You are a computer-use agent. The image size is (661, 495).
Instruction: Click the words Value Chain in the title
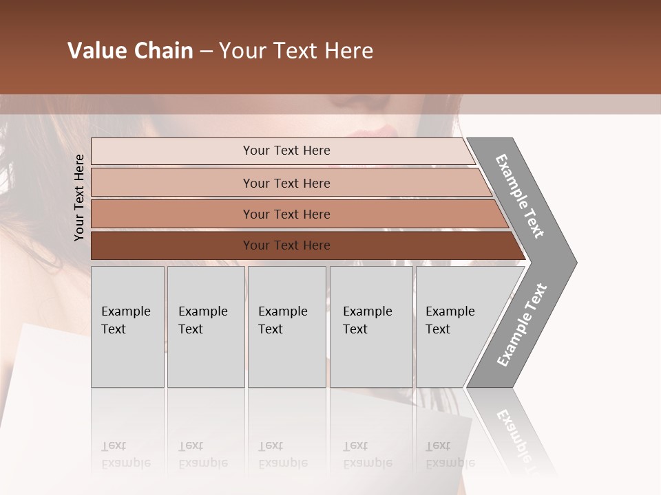[x=130, y=51]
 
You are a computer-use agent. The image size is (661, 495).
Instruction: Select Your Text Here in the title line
[x=296, y=51]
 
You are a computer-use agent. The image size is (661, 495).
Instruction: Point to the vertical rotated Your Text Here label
[x=79, y=197]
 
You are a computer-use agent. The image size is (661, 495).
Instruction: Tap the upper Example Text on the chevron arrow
[x=520, y=196]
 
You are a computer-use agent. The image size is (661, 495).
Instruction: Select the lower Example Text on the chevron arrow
[x=521, y=325]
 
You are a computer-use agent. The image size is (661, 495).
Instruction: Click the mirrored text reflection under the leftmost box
[x=126, y=454]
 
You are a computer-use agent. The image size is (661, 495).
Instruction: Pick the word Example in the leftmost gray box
[x=125, y=311]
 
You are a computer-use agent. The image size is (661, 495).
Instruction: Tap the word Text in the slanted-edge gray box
[x=438, y=329]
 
